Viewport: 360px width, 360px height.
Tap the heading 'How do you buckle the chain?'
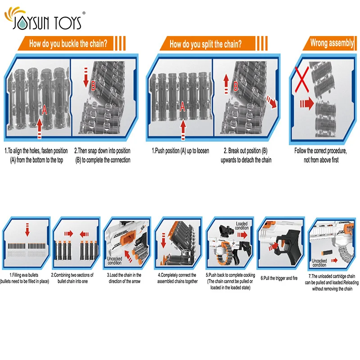click(68, 44)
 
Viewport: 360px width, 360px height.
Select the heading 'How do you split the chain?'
click(205, 44)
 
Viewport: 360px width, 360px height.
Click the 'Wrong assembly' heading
click(332, 43)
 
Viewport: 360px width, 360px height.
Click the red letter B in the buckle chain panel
click(94, 86)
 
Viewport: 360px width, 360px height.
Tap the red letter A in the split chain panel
click(182, 106)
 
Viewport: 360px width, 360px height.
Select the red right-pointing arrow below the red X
click(306, 104)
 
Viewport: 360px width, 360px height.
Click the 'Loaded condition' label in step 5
click(242, 225)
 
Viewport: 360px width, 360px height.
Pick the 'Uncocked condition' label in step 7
click(319, 263)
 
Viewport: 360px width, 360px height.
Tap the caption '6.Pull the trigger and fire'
click(279, 278)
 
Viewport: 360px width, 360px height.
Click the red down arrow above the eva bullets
click(27, 231)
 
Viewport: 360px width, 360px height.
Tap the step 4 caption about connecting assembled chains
click(177, 278)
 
